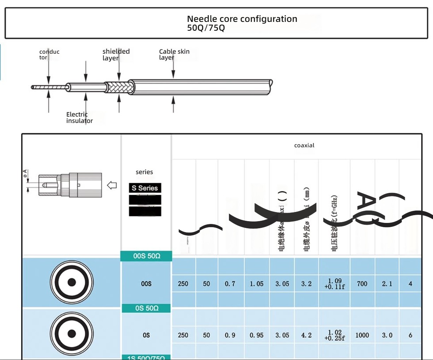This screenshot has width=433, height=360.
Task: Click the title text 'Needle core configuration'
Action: pos(242,19)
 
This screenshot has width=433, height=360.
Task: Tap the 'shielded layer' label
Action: pos(116,54)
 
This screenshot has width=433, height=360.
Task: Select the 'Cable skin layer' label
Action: pos(174,54)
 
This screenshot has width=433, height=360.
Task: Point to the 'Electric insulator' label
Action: pos(79,117)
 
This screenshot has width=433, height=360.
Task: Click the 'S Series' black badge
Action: pos(145,188)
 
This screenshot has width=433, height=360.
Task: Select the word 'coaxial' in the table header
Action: pos(304,145)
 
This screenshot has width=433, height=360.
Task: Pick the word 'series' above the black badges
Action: pos(144,172)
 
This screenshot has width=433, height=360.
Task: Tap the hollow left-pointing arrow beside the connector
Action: pos(112,185)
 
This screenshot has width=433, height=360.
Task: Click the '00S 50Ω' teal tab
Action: pos(146,256)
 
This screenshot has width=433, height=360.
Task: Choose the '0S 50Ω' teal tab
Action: pos(146,308)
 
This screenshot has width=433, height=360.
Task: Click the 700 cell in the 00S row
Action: pos(362,284)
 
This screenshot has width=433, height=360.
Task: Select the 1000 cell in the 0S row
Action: pos(362,335)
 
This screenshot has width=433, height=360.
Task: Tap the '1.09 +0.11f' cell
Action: pos(334,284)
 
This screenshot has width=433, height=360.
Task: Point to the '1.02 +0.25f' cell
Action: pos(334,335)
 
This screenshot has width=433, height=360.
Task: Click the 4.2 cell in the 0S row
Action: pos(306,335)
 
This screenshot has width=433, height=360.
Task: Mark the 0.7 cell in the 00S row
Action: pos(230,284)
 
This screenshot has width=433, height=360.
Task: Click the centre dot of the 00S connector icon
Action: pos(72,282)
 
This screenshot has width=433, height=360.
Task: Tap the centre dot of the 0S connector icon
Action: pos(72,334)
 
